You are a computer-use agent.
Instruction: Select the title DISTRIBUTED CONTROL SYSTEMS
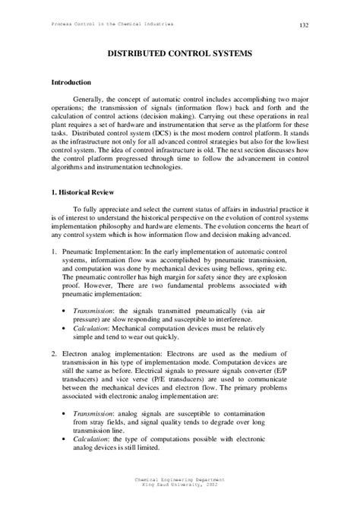pos(179,56)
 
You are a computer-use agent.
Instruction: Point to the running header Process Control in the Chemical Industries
pos(112,24)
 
